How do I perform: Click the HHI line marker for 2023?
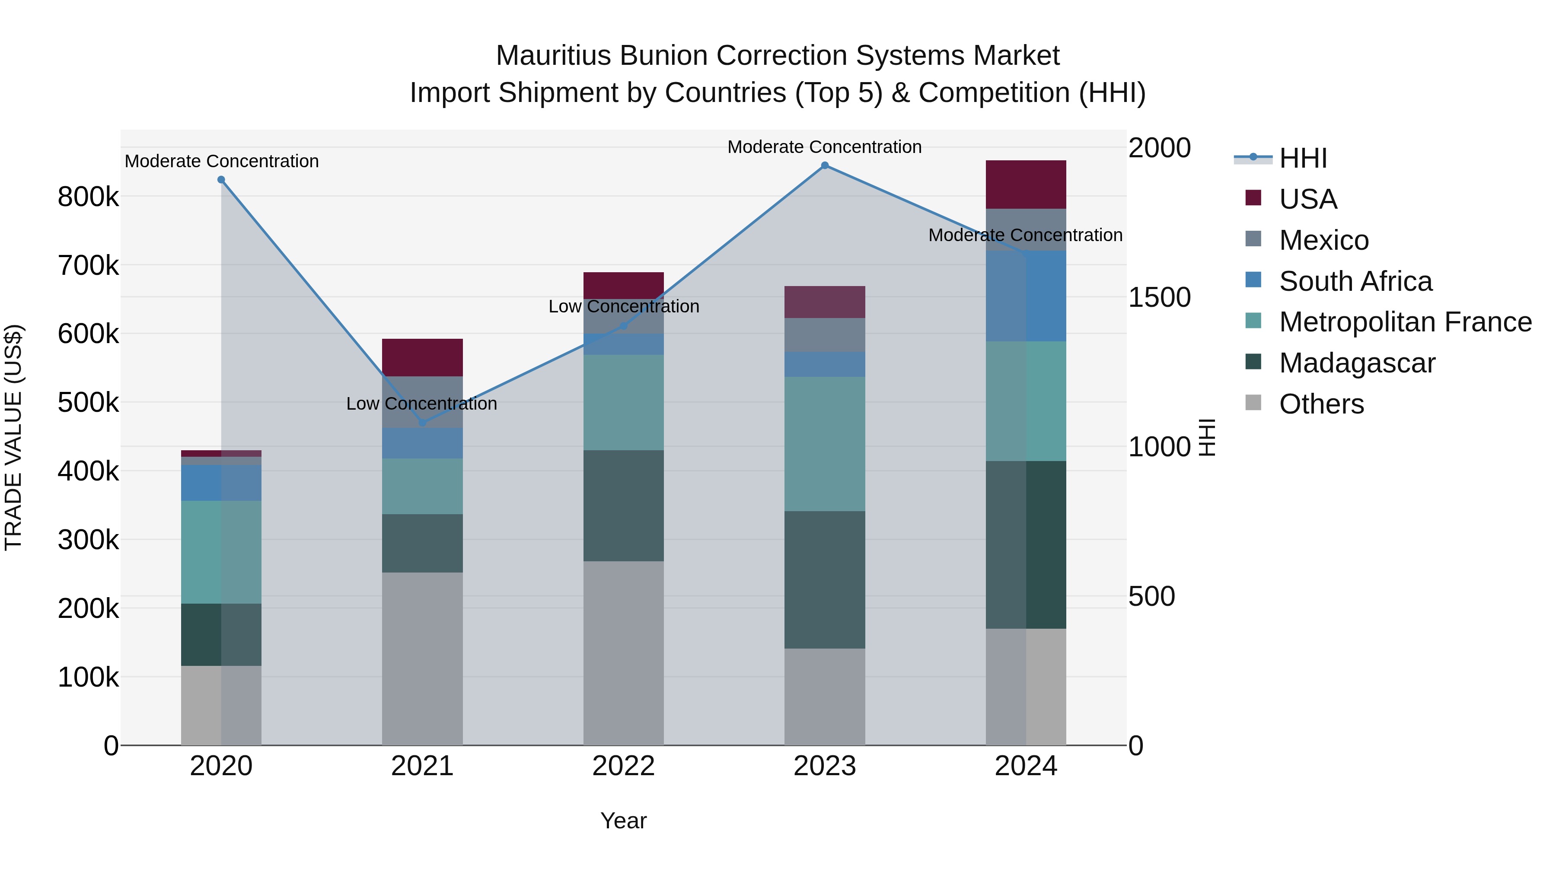click(825, 165)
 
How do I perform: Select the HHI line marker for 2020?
click(221, 180)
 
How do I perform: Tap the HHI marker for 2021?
click(422, 423)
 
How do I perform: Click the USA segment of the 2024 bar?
click(1026, 184)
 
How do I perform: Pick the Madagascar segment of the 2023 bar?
click(825, 580)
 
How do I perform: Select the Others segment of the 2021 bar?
click(422, 658)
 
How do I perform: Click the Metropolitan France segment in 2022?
click(623, 402)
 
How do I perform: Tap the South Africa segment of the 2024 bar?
click(1026, 296)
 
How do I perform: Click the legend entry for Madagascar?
click(1357, 363)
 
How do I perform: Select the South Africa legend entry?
click(1355, 281)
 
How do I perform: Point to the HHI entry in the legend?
click(1303, 158)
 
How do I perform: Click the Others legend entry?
click(1321, 404)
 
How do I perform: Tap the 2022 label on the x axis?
click(623, 766)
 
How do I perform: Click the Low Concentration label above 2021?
click(421, 404)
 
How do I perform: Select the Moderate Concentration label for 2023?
click(825, 147)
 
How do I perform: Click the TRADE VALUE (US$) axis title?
click(13, 437)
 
